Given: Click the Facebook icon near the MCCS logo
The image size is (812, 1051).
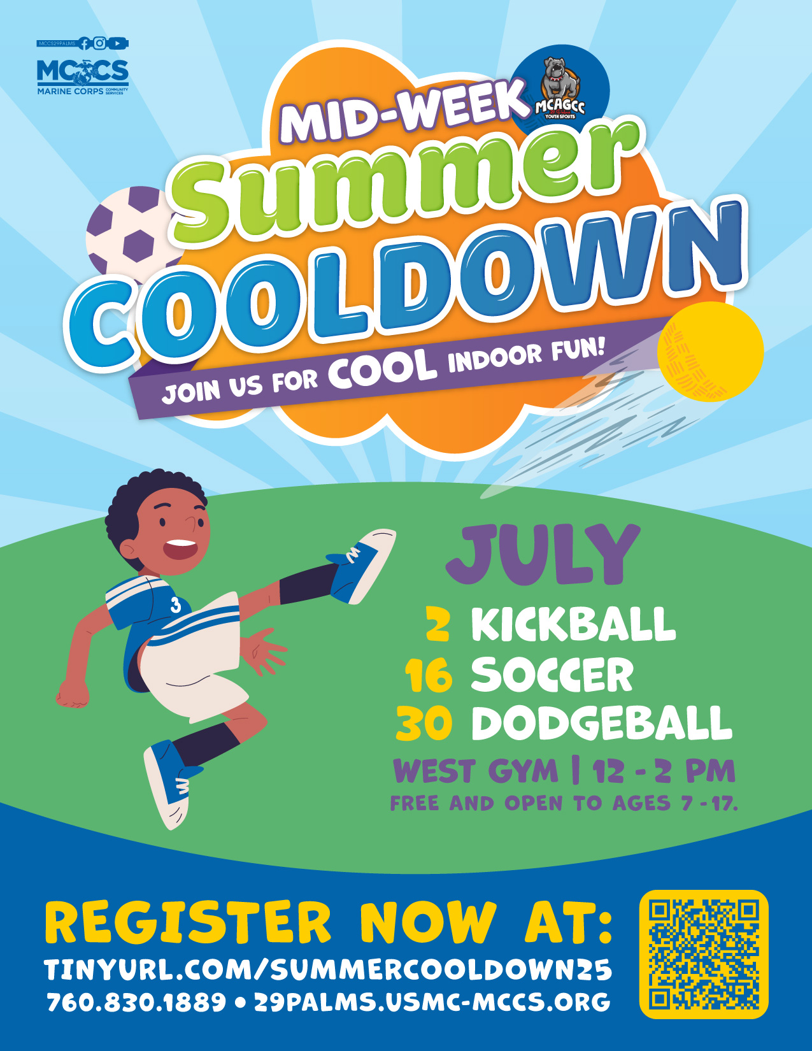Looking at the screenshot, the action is click(x=84, y=43).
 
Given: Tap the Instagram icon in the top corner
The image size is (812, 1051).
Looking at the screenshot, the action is click(x=99, y=43).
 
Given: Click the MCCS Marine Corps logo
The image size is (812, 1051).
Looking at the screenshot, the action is click(x=83, y=76).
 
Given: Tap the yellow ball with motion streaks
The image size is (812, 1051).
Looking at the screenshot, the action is click(x=710, y=351).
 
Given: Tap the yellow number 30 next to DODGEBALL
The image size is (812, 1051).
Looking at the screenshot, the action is click(x=424, y=724).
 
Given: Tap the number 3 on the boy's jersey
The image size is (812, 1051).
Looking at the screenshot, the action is click(x=175, y=605).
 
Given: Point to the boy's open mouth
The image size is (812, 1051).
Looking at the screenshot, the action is click(x=180, y=550).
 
